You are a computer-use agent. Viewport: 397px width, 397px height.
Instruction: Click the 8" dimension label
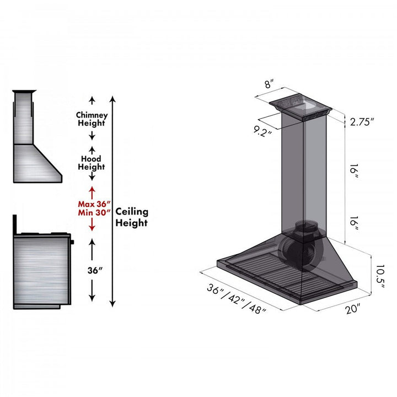tap(269, 84)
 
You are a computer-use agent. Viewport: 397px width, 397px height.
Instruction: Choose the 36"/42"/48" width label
tap(237, 298)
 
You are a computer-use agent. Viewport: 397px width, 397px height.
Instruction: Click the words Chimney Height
tap(92, 119)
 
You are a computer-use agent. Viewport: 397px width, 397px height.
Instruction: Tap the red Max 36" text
tap(92, 203)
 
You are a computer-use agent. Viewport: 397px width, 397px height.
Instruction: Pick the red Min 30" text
tap(92, 212)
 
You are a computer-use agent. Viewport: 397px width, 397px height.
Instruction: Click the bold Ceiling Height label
tap(131, 217)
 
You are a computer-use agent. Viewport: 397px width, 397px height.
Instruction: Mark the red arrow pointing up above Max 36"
tap(92, 192)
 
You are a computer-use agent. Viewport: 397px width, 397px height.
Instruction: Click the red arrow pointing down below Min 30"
tap(92, 224)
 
